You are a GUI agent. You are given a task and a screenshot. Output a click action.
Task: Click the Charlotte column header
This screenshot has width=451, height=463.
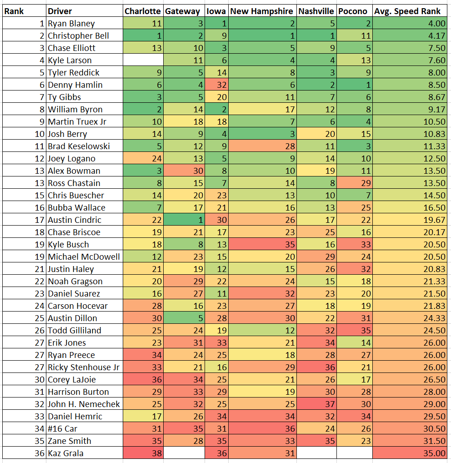pyautogui.click(x=142, y=11)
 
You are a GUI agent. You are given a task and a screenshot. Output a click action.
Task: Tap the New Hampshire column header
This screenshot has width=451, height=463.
pyautogui.click(x=262, y=11)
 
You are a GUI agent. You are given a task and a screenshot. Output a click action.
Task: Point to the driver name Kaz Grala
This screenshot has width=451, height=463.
pyautogui.click(x=65, y=453)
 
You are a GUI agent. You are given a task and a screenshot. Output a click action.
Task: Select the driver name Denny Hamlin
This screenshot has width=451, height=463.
pyautogui.click(x=75, y=85)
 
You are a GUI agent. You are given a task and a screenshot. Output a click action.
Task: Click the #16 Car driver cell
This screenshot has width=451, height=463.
pyautogui.click(x=62, y=428)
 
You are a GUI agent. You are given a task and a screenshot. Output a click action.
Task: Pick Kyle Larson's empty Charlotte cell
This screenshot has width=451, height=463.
pyautogui.click(x=142, y=60)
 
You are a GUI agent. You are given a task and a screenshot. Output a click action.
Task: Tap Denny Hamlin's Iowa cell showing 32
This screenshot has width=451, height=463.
pyautogui.click(x=216, y=85)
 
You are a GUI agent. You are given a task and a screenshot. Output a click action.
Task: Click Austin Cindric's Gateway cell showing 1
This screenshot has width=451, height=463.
pyautogui.click(x=183, y=220)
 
